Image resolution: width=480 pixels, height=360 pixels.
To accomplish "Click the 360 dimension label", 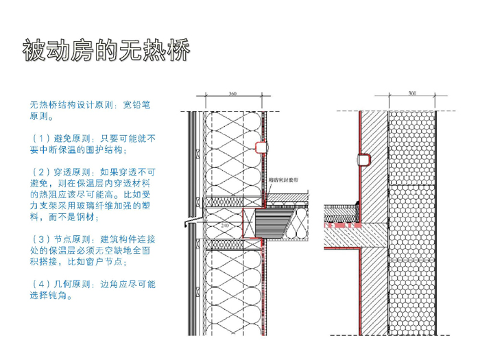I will click(x=232, y=93).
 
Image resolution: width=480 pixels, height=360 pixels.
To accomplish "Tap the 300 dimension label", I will click(x=411, y=93).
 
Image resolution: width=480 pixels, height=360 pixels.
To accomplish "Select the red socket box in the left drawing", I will click(x=260, y=146).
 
